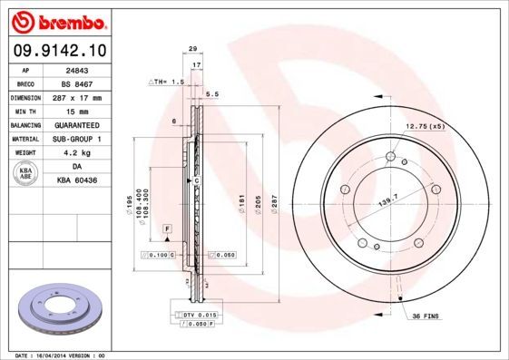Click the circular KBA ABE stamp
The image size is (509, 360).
(x=26, y=175)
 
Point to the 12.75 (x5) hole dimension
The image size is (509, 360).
(x=425, y=126)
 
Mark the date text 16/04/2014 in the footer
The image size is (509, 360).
(x=58, y=355)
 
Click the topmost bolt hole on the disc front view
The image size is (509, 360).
(x=390, y=157)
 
